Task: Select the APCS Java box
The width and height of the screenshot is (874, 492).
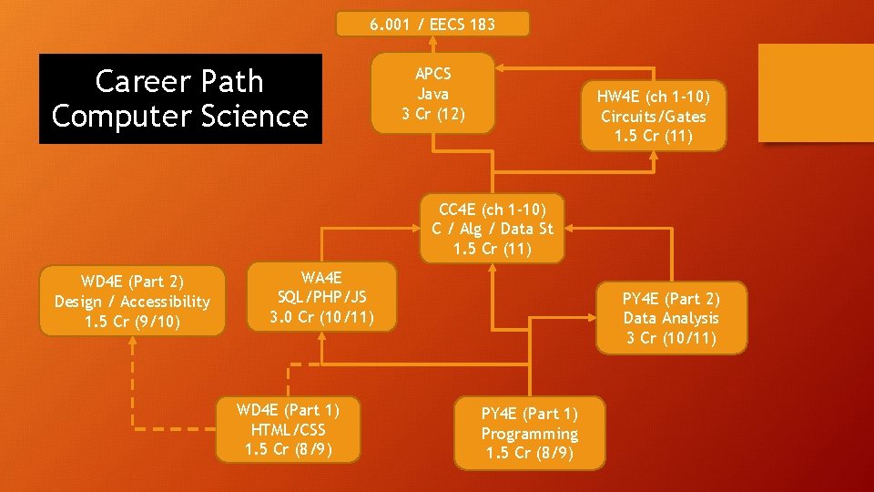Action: tap(433, 93)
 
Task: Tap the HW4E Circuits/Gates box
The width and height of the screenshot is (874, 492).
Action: tap(653, 117)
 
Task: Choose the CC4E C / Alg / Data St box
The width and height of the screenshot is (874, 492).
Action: tap(492, 228)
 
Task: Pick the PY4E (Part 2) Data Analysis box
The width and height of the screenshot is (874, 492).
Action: tap(671, 318)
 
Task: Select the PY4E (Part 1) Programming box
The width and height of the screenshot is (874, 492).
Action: tap(529, 434)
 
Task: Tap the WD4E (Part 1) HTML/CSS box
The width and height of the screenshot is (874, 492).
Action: tap(288, 429)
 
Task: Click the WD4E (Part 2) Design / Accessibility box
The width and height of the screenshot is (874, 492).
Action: tap(132, 301)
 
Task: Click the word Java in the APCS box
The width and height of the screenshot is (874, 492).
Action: tap(433, 93)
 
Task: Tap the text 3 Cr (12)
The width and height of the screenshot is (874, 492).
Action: tap(433, 113)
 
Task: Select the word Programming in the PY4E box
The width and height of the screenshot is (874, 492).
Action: tap(529, 434)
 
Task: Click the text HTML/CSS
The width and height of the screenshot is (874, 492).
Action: tap(288, 429)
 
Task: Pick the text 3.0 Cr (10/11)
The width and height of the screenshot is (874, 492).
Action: tap(321, 317)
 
